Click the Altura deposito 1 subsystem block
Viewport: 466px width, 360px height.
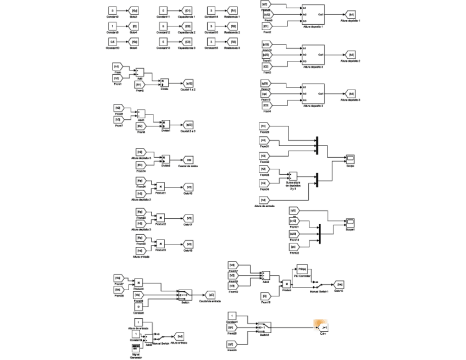click(x=313, y=14)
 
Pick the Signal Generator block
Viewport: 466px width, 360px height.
click(x=137, y=348)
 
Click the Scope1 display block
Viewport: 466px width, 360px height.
click(x=350, y=221)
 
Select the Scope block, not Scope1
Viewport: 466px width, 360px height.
click(x=350, y=159)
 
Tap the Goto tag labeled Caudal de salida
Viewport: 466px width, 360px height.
click(x=187, y=160)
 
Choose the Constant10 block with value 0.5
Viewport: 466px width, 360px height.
click(x=112, y=42)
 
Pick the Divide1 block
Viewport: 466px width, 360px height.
click(x=165, y=125)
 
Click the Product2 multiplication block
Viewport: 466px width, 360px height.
click(x=160, y=218)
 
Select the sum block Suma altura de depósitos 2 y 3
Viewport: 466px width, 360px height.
click(x=293, y=176)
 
